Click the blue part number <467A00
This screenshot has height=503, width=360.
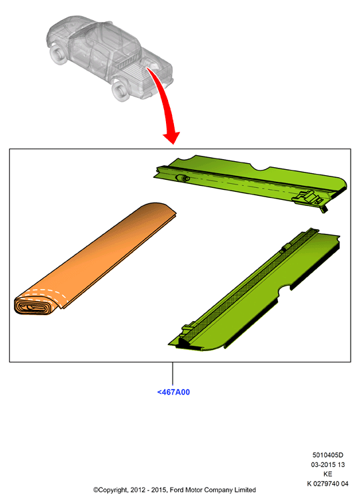[173, 392]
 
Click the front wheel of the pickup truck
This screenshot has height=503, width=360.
[58, 55]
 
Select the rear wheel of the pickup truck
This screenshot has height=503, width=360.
[121, 91]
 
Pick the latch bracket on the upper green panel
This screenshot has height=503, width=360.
[307, 197]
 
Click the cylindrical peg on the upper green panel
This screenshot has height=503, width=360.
[183, 178]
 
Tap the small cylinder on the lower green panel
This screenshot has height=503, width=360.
[285, 249]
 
